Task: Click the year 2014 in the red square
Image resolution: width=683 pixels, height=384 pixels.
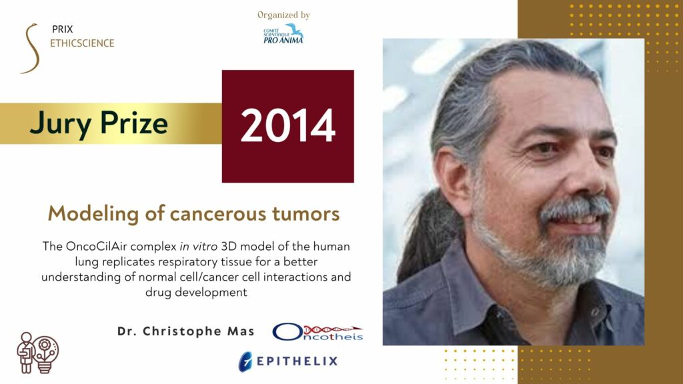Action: pyautogui.click(x=288, y=125)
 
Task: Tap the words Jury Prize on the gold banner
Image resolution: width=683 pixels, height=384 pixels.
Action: pyautogui.click(x=99, y=123)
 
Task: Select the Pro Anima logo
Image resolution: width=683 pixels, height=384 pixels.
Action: pyautogui.click(x=283, y=35)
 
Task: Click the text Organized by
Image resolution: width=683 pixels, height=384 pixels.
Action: pyautogui.click(x=283, y=15)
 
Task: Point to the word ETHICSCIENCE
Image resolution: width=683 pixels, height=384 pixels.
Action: pyautogui.click(x=82, y=43)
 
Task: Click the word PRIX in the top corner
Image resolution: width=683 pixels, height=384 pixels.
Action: pyautogui.click(x=62, y=29)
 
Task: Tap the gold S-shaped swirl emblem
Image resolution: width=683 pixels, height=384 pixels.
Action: pyautogui.click(x=31, y=48)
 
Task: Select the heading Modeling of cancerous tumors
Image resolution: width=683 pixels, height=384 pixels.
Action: pyautogui.click(x=194, y=213)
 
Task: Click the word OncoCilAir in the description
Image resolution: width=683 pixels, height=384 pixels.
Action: pyautogui.click(x=96, y=247)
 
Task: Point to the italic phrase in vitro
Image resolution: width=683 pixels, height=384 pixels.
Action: pyautogui.click(x=198, y=247)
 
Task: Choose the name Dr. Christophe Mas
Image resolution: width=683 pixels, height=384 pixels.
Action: pyautogui.click(x=186, y=331)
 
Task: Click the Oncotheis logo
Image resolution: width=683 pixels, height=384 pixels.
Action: pyautogui.click(x=317, y=332)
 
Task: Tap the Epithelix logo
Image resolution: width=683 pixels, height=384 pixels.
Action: pyautogui.click(x=288, y=361)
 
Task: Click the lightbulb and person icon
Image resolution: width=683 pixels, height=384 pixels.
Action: pyautogui.click(x=37, y=353)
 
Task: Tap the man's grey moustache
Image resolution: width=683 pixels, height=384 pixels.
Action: pyautogui.click(x=575, y=208)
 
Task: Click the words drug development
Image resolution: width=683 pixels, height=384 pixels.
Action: pyautogui.click(x=196, y=292)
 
